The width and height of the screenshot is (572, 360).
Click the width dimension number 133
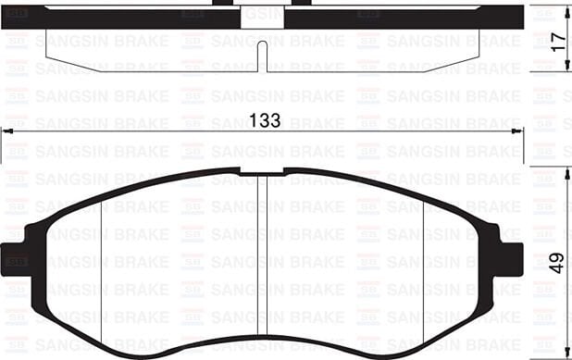click(267, 121)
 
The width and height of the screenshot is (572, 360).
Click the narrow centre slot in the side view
click(266, 56)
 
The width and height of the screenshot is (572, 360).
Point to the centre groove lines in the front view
click(266, 259)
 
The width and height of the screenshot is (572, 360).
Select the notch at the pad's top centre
click(263, 172)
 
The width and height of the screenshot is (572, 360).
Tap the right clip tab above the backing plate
click(304, 3)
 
